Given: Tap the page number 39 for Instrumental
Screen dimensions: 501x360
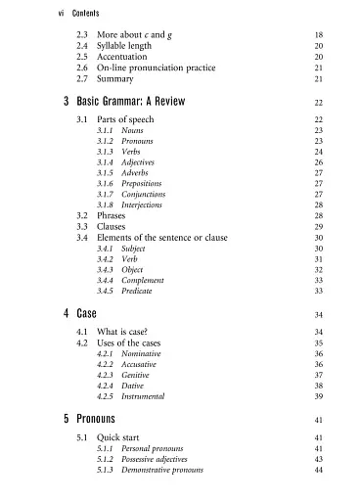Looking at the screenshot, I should [319, 396].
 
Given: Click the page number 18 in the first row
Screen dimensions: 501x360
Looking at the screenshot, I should [319, 34].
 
